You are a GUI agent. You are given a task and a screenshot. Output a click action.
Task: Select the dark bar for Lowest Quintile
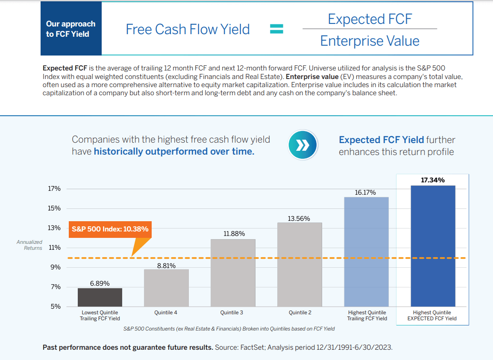(x=100, y=297)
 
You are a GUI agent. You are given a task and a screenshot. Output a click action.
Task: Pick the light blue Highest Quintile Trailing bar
(x=366, y=252)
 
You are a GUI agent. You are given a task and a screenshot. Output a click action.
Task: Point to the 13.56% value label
(x=299, y=219)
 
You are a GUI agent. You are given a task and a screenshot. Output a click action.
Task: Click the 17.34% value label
(x=432, y=180)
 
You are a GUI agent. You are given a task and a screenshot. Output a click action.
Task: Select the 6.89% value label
(x=100, y=284)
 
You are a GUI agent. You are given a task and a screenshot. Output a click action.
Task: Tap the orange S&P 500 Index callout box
(x=110, y=229)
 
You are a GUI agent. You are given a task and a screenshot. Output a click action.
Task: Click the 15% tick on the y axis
(x=54, y=208)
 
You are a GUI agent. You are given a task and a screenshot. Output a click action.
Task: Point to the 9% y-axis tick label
(x=56, y=267)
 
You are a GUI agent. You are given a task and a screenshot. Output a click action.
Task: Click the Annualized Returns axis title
(x=29, y=245)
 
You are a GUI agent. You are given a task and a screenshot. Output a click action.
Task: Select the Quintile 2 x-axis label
(x=300, y=313)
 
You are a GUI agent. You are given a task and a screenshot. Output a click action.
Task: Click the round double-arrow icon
(x=303, y=145)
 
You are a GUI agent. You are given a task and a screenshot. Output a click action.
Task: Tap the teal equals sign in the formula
(x=276, y=29)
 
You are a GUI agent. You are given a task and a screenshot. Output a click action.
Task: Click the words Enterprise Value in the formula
(x=370, y=41)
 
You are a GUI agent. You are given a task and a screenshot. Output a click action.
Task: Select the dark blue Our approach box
(x=71, y=29)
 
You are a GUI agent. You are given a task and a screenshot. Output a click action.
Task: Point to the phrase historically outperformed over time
(x=174, y=152)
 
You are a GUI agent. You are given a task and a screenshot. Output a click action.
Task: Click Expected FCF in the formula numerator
(x=370, y=19)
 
